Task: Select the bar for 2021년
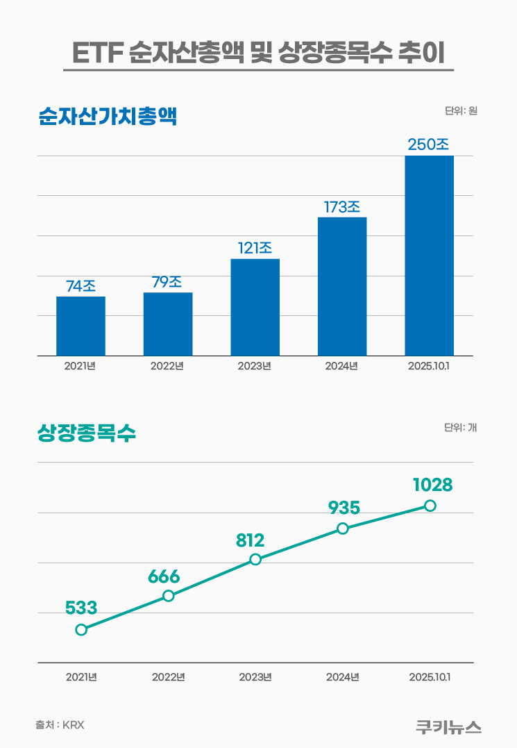coord(80,326)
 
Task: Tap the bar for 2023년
coord(255,307)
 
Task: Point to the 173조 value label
coord(341,207)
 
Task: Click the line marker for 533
coord(81,629)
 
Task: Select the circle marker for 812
coord(255,559)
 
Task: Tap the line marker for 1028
coord(430,506)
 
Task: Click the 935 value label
coord(344,508)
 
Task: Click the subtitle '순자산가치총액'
coord(108,116)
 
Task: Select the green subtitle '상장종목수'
coord(86,433)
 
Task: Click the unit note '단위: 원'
coord(461,110)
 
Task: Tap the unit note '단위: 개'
coord(460,428)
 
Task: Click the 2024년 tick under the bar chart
coord(341,366)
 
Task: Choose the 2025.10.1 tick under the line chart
coord(430,677)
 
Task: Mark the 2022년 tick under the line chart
coord(168,677)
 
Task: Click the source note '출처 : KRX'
coord(60,724)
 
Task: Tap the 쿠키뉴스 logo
coord(448,726)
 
